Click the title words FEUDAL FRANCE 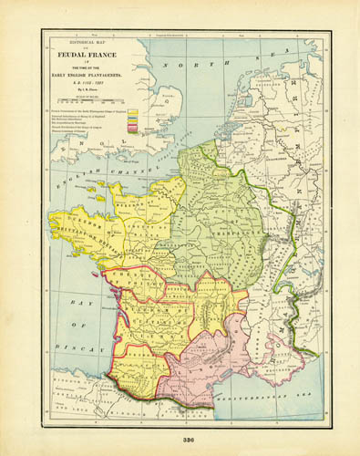point(89,52)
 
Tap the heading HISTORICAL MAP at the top point(89,41)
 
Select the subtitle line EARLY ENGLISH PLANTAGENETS point(89,74)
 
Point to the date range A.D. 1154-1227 point(89,82)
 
